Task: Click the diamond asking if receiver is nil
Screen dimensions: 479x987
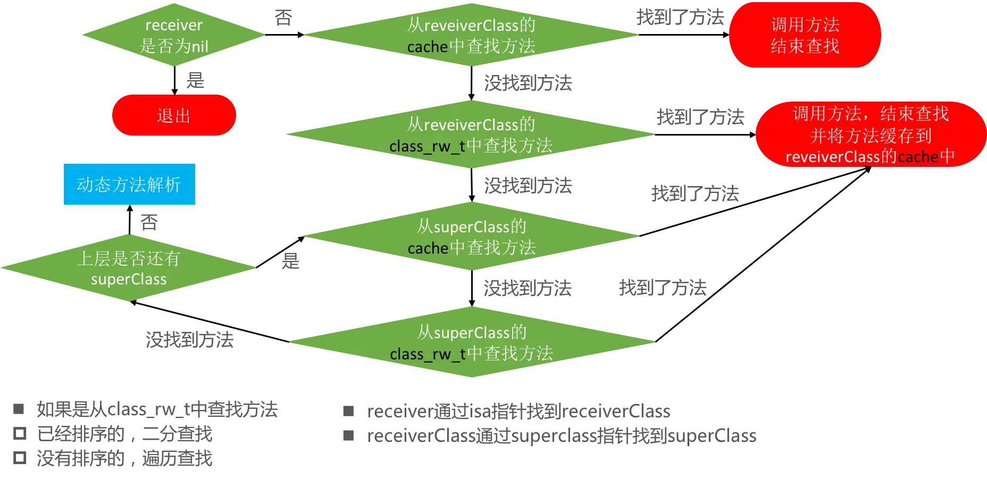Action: tap(174, 35)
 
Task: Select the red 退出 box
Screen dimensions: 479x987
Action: tap(174, 115)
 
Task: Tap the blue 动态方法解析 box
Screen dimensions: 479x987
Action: tap(129, 184)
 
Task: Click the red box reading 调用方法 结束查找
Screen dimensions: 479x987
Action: tap(805, 35)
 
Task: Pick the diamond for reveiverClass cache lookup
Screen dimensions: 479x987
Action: tap(471, 35)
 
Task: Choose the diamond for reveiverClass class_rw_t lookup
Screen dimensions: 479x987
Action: tap(471, 135)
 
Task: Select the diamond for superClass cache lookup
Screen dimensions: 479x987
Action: tap(471, 237)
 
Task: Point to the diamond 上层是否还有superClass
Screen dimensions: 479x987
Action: tap(129, 268)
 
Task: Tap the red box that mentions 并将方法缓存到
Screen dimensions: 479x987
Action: tap(870, 135)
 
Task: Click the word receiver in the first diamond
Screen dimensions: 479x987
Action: tap(174, 25)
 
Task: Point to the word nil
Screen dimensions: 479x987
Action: tap(199, 47)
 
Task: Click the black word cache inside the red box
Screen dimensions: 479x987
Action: tap(918, 157)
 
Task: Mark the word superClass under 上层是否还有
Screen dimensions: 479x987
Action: tap(129, 279)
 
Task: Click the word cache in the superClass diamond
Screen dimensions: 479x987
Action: tap(428, 248)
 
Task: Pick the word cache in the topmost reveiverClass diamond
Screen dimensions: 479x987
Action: tap(428, 47)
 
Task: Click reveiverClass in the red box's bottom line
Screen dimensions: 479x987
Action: tap(833, 157)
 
